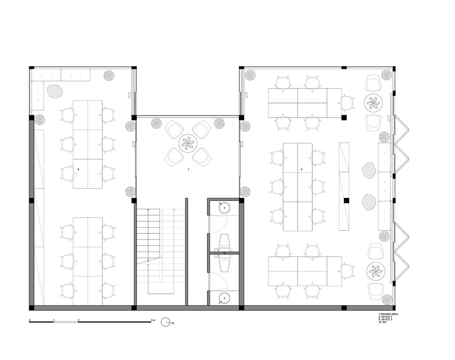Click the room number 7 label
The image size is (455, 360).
click(188, 169)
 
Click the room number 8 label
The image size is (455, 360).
click(78, 169)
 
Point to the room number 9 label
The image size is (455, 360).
click(302, 169)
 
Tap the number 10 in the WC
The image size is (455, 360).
click(224, 253)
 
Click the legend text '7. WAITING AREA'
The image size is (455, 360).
click(388, 320)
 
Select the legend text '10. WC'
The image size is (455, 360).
click(383, 328)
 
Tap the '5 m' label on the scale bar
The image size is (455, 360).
click(153, 320)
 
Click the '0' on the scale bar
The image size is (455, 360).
click(30, 320)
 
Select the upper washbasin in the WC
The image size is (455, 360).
click(224, 208)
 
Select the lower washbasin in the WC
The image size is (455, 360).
click(224, 298)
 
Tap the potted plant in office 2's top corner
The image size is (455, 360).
click(109, 75)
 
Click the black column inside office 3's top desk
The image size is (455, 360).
click(344, 117)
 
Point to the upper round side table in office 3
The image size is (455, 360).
click(373, 103)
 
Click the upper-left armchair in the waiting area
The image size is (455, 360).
click(174, 129)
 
